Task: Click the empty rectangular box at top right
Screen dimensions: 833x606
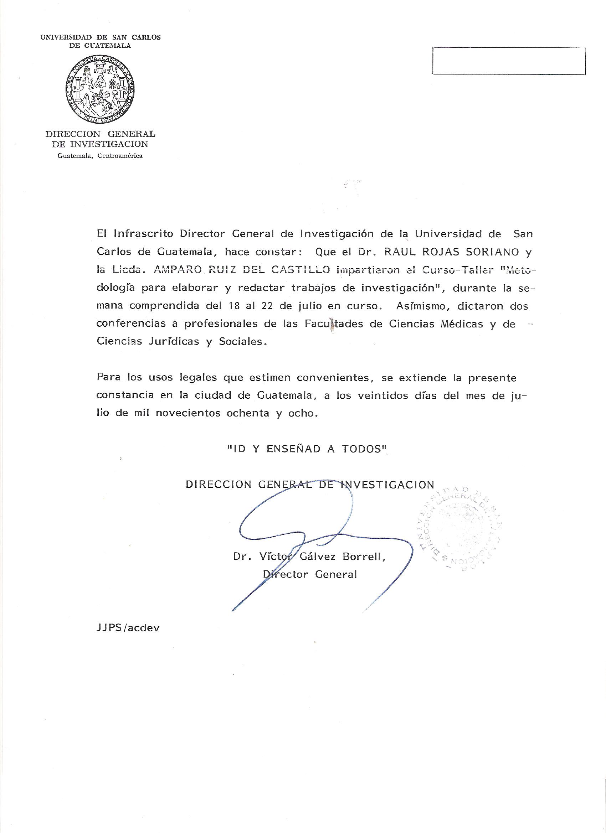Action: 509,61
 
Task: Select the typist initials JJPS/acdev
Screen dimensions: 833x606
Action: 128,628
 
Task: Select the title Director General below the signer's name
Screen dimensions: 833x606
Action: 310,574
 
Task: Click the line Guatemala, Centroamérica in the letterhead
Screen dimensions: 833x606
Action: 100,156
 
